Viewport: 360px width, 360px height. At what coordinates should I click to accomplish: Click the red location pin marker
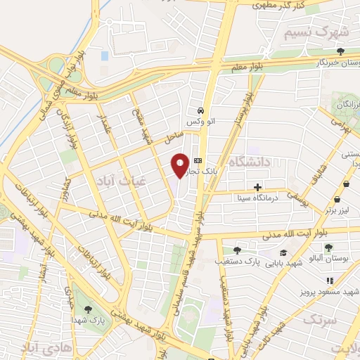[180, 166]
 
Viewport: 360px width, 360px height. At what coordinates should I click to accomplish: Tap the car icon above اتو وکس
[201, 110]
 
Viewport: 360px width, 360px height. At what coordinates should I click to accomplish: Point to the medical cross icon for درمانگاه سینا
[258, 187]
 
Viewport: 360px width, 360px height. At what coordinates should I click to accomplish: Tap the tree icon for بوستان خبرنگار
[340, 51]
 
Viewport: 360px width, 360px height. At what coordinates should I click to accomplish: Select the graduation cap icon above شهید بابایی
[283, 252]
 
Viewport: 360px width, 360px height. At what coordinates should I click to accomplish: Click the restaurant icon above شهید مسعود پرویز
[330, 281]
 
